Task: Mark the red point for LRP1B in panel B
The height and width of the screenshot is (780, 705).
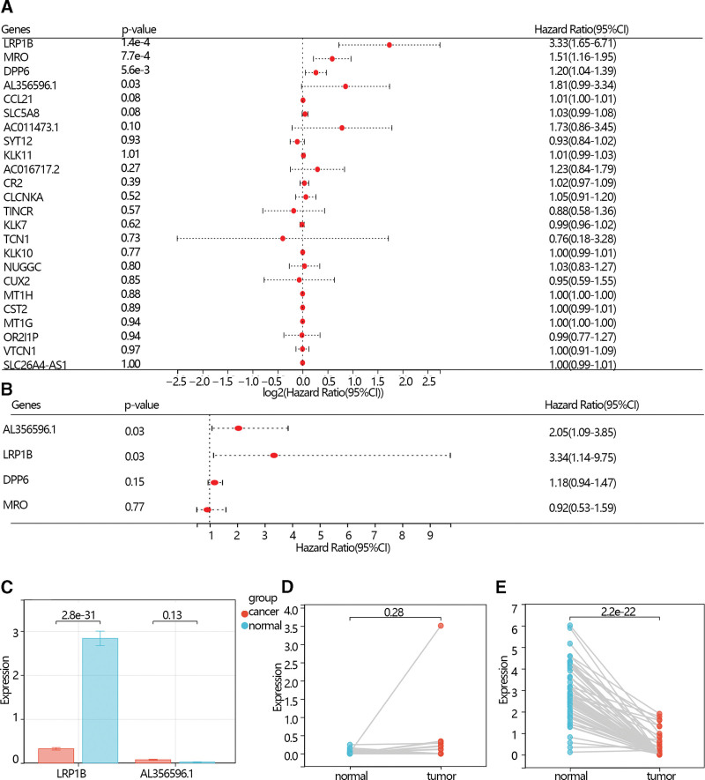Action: pos(274,456)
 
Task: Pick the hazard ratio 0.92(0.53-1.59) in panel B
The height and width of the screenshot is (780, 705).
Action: pos(584,508)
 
